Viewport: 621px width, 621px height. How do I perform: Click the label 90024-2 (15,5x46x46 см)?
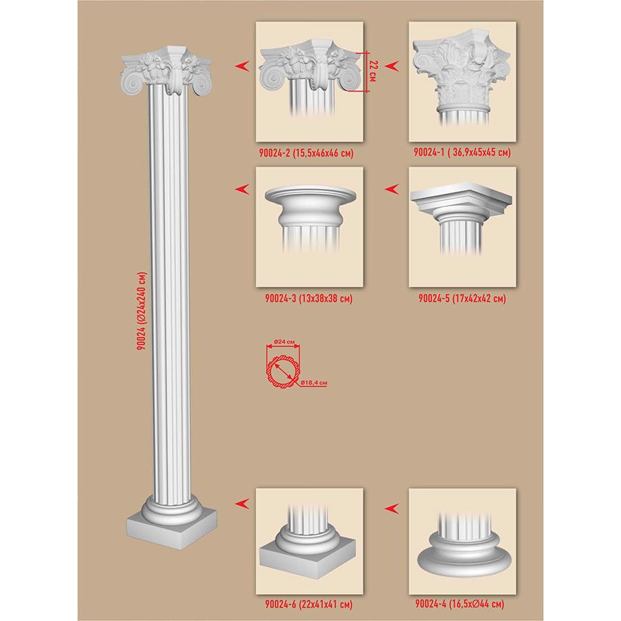pos(306,153)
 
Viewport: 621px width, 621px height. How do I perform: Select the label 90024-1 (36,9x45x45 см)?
pos(462,152)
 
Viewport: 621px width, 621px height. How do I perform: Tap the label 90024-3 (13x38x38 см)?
pos(308,298)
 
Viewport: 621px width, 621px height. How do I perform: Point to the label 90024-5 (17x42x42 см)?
pos(462,298)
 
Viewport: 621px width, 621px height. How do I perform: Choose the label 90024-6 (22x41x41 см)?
pos(308,604)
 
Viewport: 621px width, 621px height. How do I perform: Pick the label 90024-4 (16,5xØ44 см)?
pos(460,604)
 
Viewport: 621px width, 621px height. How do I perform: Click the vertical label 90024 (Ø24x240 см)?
pos(141,311)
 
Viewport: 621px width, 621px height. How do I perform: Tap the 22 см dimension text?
pos(373,71)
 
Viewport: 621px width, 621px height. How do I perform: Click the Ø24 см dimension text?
pos(285,342)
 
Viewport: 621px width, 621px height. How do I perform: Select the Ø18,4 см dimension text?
pos(314,383)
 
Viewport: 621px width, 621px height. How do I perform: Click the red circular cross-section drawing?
pos(283,369)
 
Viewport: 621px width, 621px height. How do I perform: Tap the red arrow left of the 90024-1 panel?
pos(391,66)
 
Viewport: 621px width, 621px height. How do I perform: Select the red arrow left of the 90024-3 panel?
pos(242,189)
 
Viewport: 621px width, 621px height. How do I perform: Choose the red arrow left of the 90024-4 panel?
pos(391,508)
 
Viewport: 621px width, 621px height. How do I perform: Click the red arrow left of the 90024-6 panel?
pos(242,504)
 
